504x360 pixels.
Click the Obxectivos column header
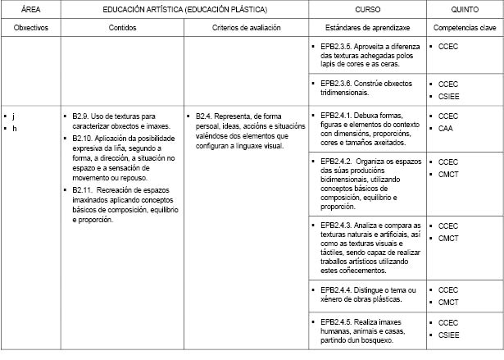click(x=30, y=28)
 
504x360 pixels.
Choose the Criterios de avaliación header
click(x=246, y=28)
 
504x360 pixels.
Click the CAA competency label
click(x=446, y=129)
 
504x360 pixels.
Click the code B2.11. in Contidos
click(x=84, y=189)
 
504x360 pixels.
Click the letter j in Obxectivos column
click(x=14, y=116)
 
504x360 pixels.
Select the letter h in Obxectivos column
click(x=14, y=129)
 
